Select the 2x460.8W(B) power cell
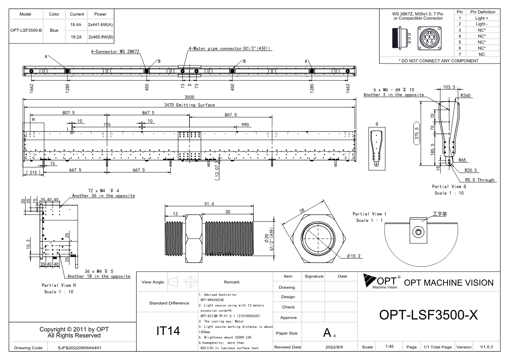click(101, 37)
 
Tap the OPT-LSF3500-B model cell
click(26, 30)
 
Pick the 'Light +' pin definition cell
click(481, 18)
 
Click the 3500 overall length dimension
click(189, 97)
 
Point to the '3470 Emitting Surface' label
click(189, 105)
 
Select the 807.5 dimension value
click(68, 113)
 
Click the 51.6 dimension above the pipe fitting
click(209, 204)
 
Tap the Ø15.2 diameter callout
click(353, 256)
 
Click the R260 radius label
click(465, 96)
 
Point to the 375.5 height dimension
click(416, 133)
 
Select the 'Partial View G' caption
click(449, 186)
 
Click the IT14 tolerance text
click(168, 331)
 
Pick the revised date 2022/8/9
click(334, 347)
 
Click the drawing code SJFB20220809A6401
click(80, 348)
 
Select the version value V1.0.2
click(486, 347)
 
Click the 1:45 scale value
click(389, 346)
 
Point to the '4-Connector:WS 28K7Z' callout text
click(115, 52)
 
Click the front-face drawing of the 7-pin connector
click(429, 38)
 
